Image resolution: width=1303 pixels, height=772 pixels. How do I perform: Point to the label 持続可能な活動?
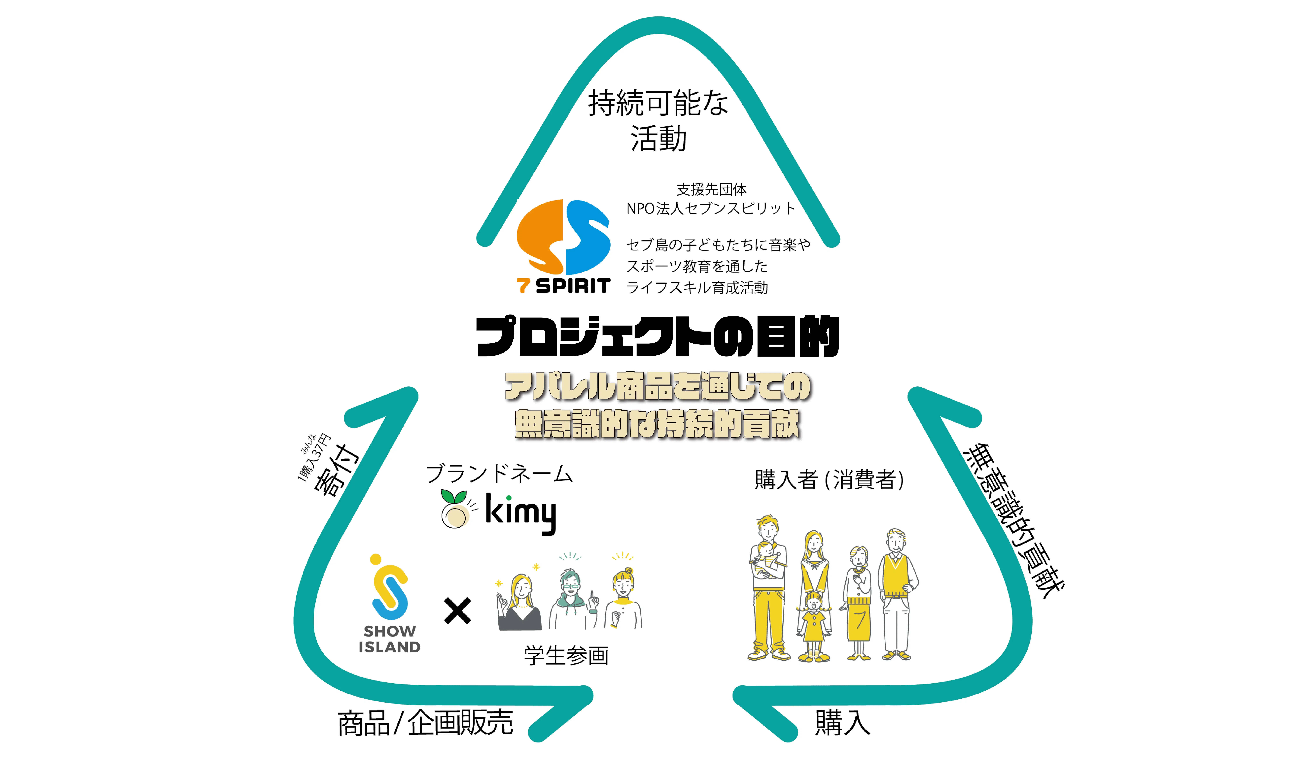(658, 121)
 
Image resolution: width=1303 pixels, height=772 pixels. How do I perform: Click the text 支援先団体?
(711, 189)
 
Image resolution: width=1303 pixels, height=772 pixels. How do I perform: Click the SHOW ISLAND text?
(389, 639)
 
